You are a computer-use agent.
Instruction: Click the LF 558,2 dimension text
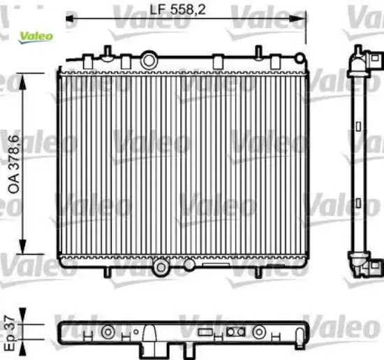point(181,10)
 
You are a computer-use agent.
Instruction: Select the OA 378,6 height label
point(13,164)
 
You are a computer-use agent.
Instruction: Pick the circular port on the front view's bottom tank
point(161,266)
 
